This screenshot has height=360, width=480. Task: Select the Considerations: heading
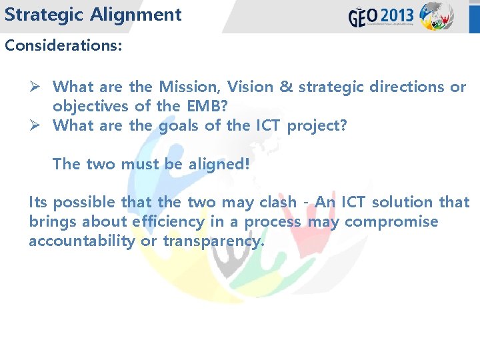coord(63,46)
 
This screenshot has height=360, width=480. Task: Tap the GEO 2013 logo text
coord(381,16)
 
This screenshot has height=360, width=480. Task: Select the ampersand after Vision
coord(285,87)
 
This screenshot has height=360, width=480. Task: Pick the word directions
coord(405,87)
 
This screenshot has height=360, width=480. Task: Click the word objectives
coord(91,106)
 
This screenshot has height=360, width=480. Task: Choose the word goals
coord(182,125)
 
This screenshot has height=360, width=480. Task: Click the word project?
coord(317,125)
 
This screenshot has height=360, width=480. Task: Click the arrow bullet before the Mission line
coord(37,87)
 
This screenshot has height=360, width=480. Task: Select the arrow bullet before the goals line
coord(37,125)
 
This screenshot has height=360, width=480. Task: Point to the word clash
coord(277,202)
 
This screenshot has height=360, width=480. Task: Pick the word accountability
coord(81,241)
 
